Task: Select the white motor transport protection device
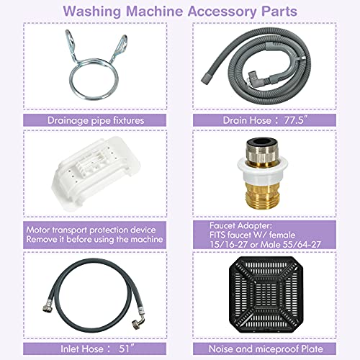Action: [x=92, y=169]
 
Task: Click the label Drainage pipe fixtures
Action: [x=92, y=121]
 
